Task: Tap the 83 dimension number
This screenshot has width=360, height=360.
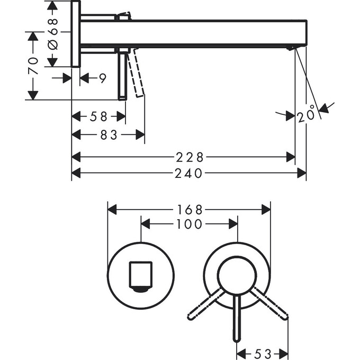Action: click(x=108, y=135)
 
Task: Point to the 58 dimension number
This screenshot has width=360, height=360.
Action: click(x=98, y=116)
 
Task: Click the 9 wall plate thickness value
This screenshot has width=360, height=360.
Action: click(x=102, y=78)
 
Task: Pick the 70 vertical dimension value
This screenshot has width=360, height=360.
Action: click(x=33, y=66)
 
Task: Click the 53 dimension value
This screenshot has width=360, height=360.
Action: click(x=262, y=353)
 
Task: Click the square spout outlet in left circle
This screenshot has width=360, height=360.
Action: click(x=140, y=275)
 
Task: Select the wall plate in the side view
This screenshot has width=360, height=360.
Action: click(x=76, y=34)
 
